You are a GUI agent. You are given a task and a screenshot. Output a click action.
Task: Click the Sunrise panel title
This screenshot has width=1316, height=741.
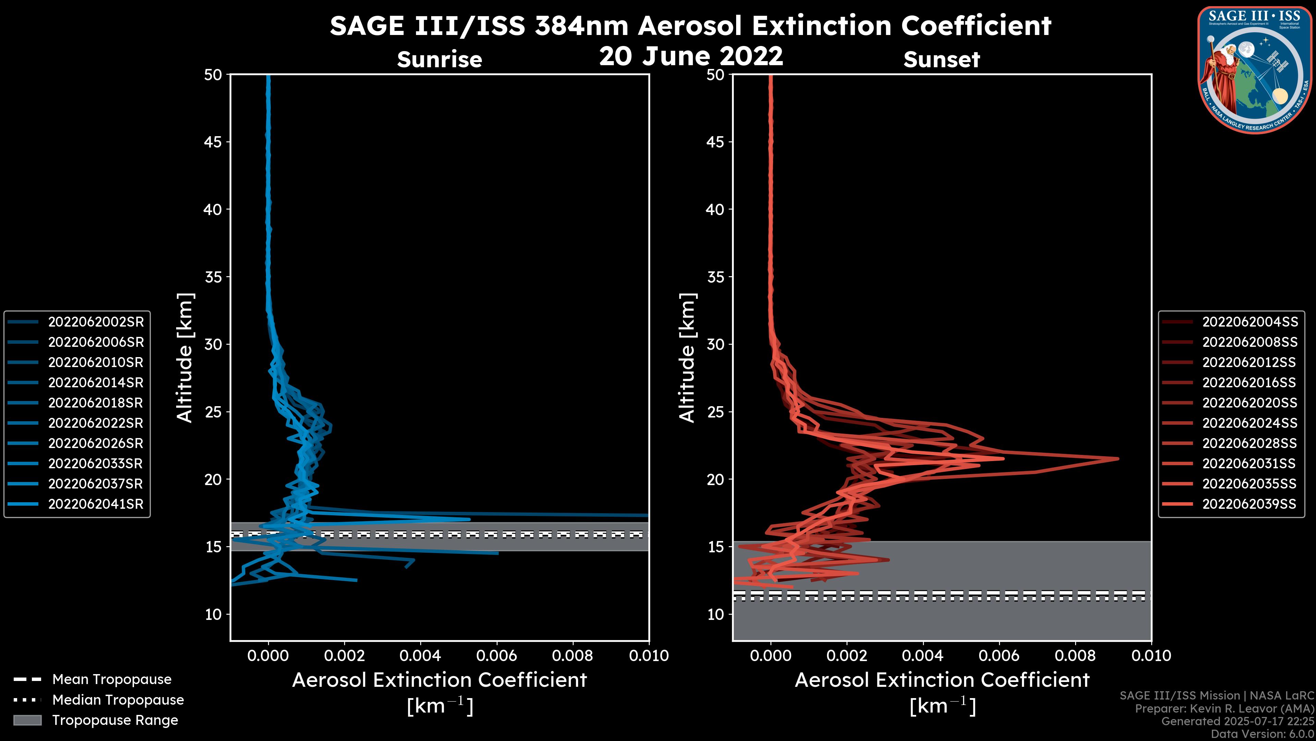(x=439, y=59)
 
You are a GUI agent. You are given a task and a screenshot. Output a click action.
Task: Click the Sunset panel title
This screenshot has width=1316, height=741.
(x=941, y=59)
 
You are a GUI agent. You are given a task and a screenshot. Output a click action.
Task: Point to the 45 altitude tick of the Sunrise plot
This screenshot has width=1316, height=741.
(x=213, y=142)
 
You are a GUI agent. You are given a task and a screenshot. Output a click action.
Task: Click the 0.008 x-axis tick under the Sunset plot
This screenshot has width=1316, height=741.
(x=1075, y=656)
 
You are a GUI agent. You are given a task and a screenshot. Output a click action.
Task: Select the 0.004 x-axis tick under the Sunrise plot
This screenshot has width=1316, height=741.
(x=421, y=656)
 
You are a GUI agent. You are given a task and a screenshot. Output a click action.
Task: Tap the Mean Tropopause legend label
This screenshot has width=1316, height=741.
(x=112, y=679)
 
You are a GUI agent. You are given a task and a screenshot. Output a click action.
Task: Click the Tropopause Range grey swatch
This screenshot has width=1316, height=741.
(x=27, y=720)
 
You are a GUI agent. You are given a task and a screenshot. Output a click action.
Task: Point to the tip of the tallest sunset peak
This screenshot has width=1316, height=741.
(x=1118, y=458)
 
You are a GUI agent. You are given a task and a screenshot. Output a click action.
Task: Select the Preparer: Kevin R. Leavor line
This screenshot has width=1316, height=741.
(x=1224, y=708)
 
